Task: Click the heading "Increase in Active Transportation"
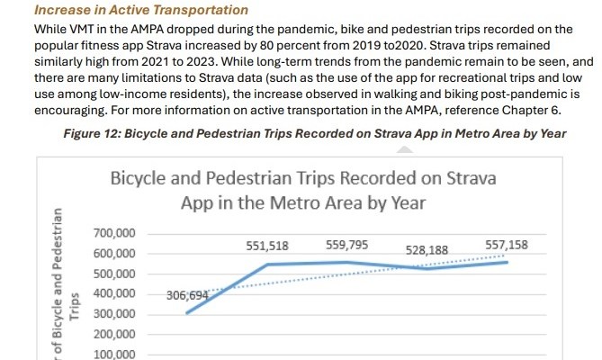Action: coord(128,10)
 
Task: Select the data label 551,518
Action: coord(268,245)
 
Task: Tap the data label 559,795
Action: coord(347,243)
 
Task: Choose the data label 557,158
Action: coord(507,244)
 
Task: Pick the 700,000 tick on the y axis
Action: coord(114,234)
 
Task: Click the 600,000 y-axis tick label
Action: coord(114,254)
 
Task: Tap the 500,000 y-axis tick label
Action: coord(114,274)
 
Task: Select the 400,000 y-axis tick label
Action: coord(114,293)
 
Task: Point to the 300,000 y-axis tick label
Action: coord(114,314)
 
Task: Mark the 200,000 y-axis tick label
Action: coord(114,334)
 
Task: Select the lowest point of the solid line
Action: coord(186,313)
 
